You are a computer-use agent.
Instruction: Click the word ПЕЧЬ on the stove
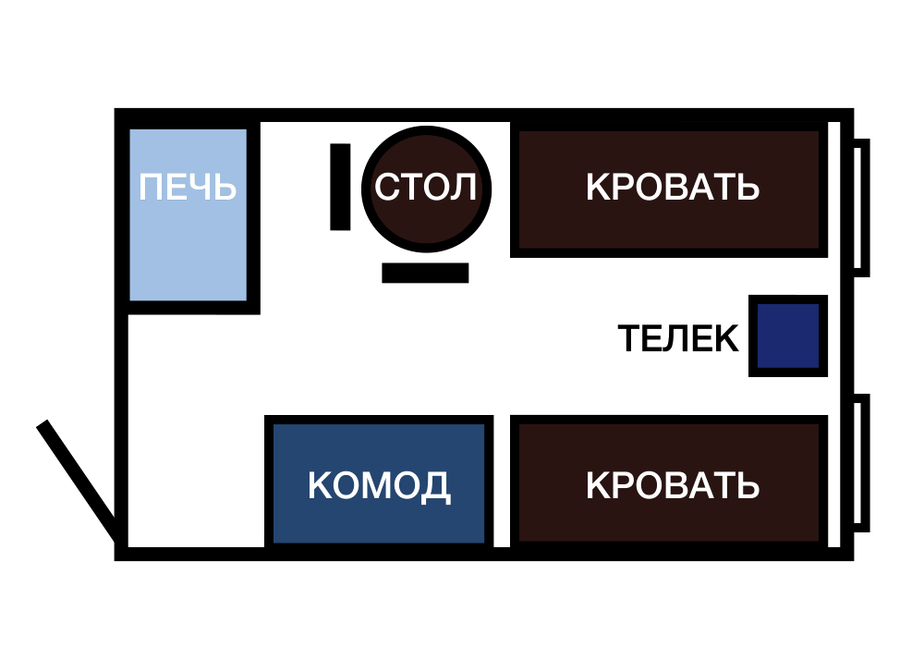coord(188,188)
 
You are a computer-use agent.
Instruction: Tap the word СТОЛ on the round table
coord(425,188)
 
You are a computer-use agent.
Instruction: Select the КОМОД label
coord(379,486)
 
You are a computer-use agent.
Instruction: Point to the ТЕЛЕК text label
coord(678,338)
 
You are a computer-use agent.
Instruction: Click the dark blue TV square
coord(788,336)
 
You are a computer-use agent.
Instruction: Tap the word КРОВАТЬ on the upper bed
coord(673,188)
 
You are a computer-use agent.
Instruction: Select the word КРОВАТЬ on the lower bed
coord(673,485)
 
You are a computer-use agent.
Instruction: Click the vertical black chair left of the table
coord(340,187)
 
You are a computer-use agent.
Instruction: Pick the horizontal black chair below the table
coord(425,273)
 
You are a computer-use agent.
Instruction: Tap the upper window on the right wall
coord(861,207)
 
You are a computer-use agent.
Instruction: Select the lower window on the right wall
coord(861,463)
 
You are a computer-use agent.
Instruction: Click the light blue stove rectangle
coord(188,215)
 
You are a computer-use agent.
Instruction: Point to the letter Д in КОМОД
coord(437,488)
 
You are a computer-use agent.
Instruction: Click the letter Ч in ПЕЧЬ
coord(201,188)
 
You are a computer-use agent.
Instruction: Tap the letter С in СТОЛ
coord(387,188)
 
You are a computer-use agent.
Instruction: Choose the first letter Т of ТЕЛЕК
coord(630,338)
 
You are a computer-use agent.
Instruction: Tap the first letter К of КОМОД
coord(320,485)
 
